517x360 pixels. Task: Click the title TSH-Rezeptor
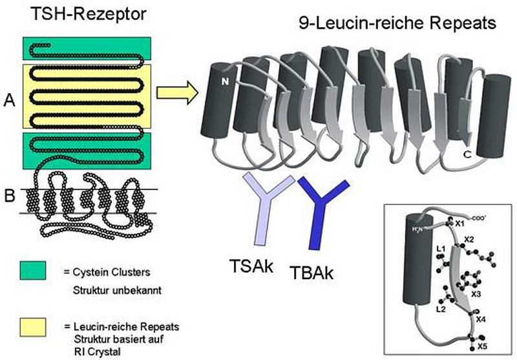pyautogui.click(x=77, y=14)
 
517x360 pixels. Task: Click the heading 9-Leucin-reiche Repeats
pyautogui.click(x=397, y=24)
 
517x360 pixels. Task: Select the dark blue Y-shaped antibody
pyautogui.click(x=321, y=211)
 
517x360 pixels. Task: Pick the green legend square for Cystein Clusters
pyautogui.click(x=34, y=270)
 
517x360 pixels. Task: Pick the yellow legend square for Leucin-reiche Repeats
pyautogui.click(x=34, y=326)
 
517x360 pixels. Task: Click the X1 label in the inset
pyautogui.click(x=460, y=223)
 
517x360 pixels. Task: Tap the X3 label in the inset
pyautogui.click(x=476, y=294)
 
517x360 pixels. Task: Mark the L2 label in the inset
pyautogui.click(x=441, y=310)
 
